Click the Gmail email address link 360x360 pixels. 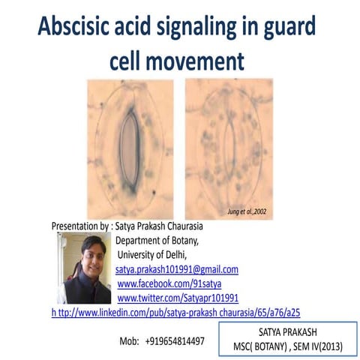(x=176, y=268)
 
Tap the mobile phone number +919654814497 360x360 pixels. (x=175, y=340)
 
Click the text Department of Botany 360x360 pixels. (x=157, y=240)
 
